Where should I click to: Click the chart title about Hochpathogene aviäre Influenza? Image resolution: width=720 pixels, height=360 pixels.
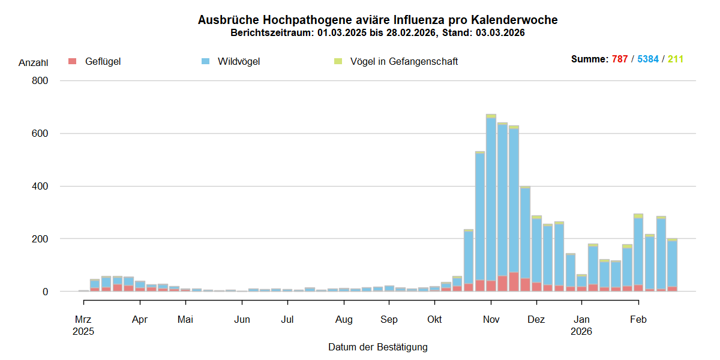[377, 20]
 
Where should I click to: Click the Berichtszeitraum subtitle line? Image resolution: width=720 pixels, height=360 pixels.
[377, 33]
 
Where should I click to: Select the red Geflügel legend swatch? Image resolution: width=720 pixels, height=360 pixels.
[73, 61]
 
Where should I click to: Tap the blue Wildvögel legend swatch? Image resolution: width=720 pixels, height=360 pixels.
[206, 61]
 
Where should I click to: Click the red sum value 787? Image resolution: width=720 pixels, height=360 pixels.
[620, 59]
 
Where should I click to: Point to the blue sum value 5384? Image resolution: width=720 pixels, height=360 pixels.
[648, 59]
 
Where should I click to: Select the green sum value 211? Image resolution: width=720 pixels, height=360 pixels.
[676, 59]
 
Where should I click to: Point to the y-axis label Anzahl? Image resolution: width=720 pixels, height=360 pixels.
[34, 62]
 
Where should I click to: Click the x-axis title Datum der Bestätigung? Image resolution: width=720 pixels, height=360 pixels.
[377, 347]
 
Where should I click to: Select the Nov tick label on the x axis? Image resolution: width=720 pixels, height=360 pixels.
[491, 320]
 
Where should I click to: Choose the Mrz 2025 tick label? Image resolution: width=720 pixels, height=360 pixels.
[83, 325]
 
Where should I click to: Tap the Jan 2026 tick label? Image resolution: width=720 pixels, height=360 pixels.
[581, 325]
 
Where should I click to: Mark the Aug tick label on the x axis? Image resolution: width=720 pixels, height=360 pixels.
[344, 320]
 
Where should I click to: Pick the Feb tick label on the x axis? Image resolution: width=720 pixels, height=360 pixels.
[638, 320]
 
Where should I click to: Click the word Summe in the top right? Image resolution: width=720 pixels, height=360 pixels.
[589, 59]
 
